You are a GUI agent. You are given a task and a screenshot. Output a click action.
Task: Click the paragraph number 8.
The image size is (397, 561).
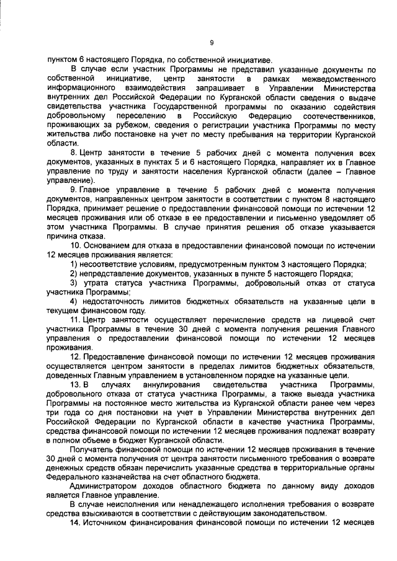(74, 153)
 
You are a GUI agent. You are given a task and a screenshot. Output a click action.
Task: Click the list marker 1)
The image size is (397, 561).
(74, 264)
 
